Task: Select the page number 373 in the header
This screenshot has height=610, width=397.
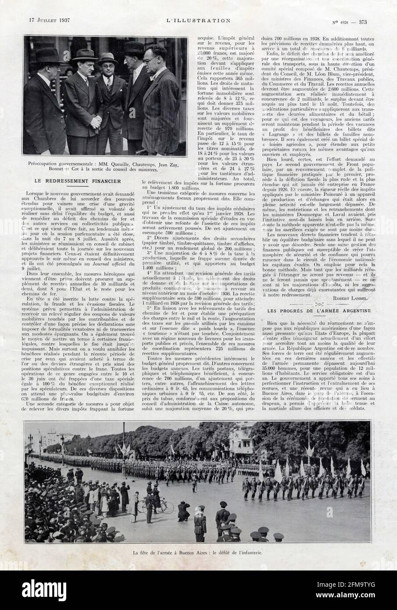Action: [362, 20]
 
